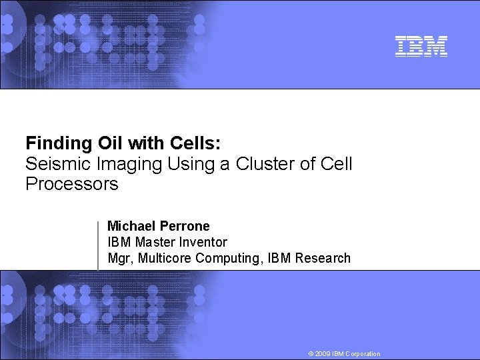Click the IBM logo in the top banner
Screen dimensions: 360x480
[421, 46]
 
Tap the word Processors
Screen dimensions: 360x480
[71, 184]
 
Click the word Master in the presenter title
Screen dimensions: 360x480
[153, 243]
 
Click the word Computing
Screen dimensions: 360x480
[227, 259]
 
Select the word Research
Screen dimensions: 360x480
[323, 259]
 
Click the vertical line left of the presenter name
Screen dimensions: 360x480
[99, 245]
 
